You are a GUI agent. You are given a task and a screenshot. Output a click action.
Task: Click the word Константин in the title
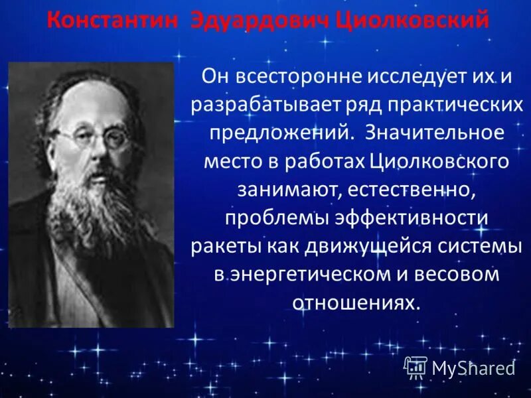(112, 21)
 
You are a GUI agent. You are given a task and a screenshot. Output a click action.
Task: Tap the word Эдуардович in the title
(258, 21)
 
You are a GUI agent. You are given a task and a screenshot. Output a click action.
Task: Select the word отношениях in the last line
(356, 303)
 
